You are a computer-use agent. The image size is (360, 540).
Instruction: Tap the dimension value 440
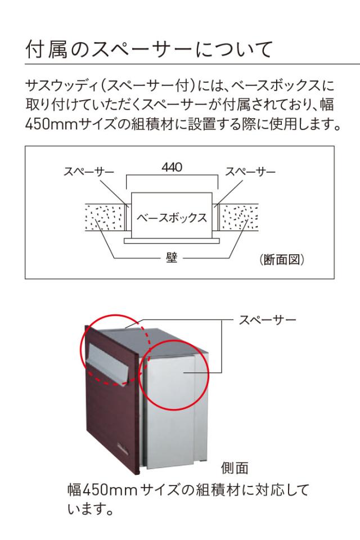172,167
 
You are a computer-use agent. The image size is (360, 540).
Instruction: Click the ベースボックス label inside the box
172,217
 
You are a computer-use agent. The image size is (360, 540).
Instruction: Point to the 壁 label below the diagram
172,259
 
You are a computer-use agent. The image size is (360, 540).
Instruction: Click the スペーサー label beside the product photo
268,320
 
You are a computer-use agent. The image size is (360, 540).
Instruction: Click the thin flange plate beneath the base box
172,241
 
